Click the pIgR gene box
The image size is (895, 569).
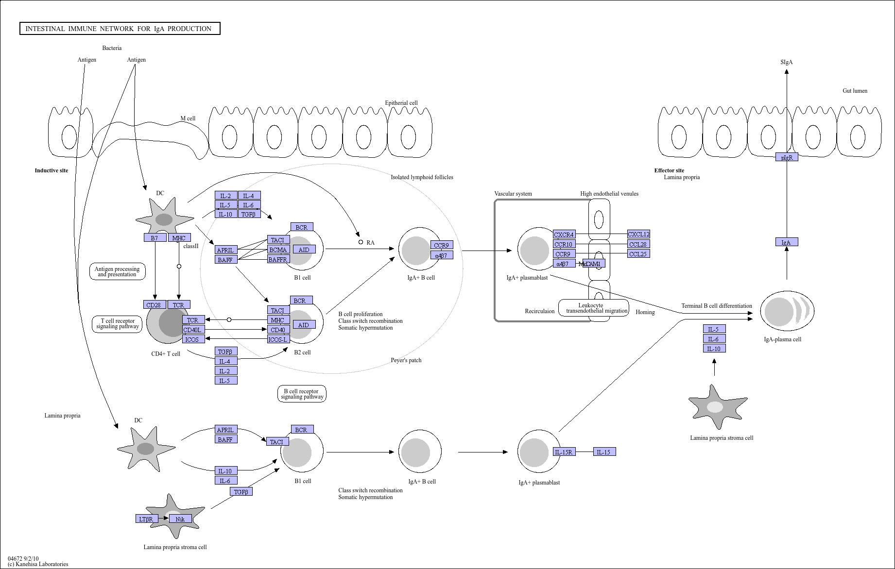(787, 157)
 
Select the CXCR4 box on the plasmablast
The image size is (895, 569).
(564, 234)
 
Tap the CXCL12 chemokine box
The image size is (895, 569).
(638, 234)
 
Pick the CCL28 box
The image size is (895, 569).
(638, 244)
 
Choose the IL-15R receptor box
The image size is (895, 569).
(564, 452)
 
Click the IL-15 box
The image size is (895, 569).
(604, 452)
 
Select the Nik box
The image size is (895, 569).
(180, 519)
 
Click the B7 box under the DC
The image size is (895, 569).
(155, 238)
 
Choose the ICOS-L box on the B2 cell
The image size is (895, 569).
(278, 339)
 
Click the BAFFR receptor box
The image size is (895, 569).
(278, 259)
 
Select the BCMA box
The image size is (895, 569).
(278, 250)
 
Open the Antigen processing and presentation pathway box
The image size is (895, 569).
(117, 271)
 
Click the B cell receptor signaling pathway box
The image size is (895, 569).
(302, 394)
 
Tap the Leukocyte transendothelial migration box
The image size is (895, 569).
(594, 308)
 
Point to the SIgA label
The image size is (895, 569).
(787, 62)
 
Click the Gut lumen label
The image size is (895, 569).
(855, 91)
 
